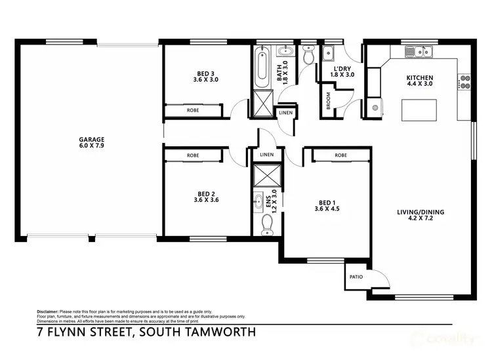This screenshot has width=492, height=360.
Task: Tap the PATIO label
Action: [x=356, y=277]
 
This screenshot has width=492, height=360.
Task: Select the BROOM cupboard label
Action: [x=329, y=101]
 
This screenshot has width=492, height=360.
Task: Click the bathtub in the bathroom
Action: [x=261, y=68]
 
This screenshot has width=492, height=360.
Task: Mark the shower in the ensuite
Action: [x=266, y=176]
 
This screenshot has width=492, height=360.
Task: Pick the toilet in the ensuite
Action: [x=267, y=225]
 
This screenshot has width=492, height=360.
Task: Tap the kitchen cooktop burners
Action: [x=466, y=81]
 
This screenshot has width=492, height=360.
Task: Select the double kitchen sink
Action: [x=417, y=51]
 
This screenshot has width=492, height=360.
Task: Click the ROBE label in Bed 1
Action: [x=340, y=155]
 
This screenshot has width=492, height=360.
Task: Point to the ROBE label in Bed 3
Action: [x=193, y=111]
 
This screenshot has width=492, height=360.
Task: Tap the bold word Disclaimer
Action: [x=48, y=311]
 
